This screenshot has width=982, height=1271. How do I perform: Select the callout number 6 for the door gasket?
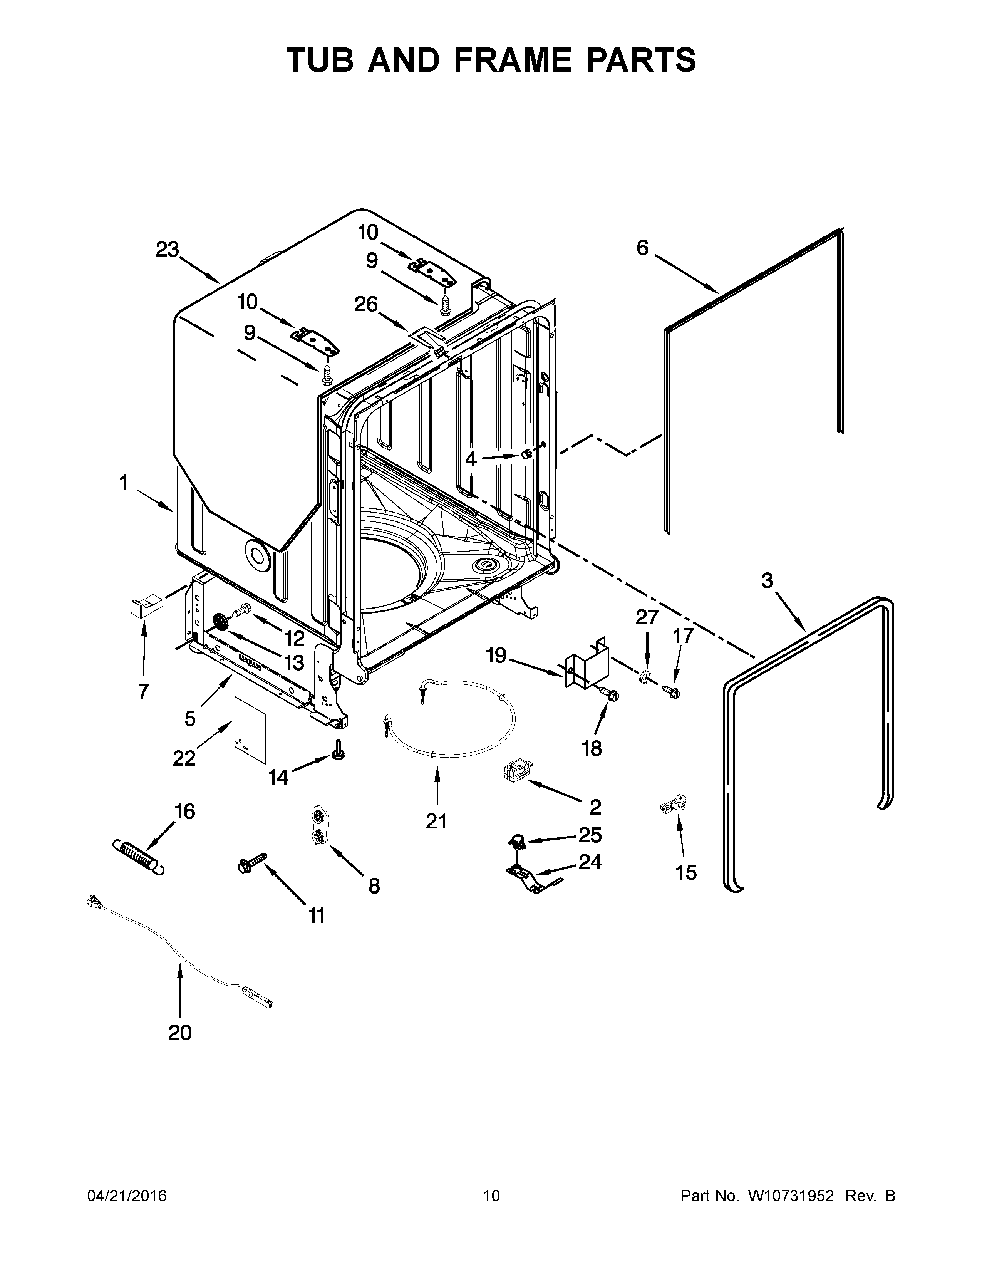(642, 248)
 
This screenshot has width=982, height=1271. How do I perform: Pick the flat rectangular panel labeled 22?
(250, 729)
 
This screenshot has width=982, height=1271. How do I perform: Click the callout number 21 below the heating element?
(436, 821)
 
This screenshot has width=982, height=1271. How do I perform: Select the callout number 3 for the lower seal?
(768, 580)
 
